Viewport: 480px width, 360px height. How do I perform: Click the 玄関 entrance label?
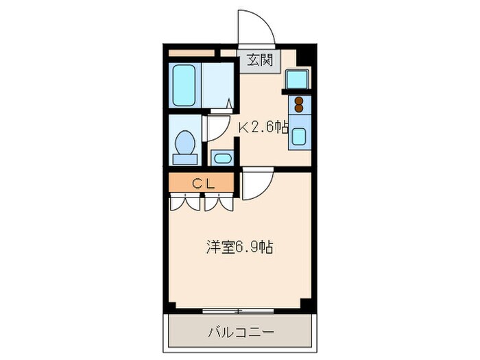point(261,60)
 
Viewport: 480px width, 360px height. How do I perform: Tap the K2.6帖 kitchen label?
point(263,126)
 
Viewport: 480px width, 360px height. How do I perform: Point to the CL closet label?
point(203,183)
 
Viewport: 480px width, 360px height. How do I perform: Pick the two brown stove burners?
point(300,104)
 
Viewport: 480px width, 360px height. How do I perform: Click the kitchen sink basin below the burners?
point(300,135)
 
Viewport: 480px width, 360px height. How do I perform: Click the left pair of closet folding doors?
point(184,202)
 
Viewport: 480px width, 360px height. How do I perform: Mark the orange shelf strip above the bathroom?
point(191,52)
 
